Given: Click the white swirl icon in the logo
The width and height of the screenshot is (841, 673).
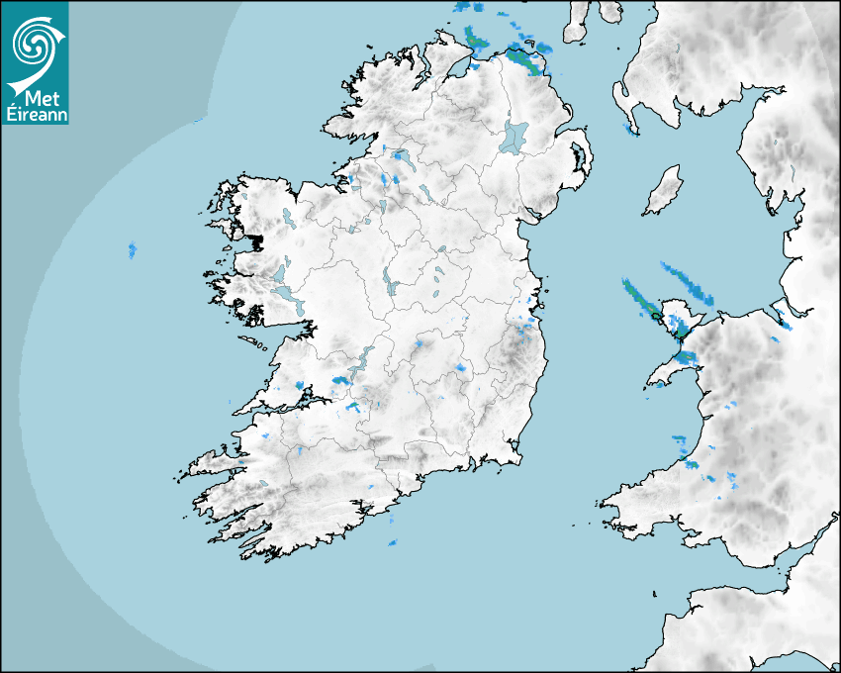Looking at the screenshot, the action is [x=33, y=42].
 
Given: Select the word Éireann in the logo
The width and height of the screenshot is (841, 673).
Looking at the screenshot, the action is [x=35, y=114].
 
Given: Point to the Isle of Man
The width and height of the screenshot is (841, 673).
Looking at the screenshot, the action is [x=663, y=191].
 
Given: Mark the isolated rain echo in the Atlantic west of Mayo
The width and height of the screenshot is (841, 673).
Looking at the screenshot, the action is [x=132, y=249].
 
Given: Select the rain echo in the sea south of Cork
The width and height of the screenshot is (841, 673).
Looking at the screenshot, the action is [x=393, y=542].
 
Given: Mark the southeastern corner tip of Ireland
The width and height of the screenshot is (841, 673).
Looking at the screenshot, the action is [x=518, y=457].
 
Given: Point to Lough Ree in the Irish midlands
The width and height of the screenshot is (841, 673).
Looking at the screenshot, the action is [x=388, y=281].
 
